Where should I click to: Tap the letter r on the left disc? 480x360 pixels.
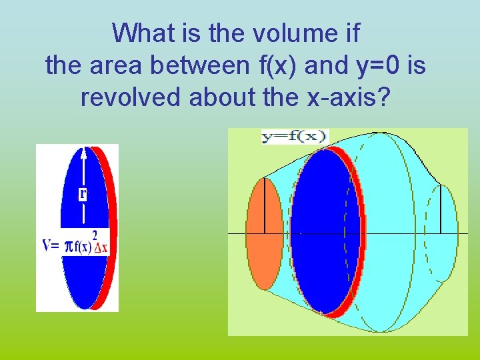[83, 193]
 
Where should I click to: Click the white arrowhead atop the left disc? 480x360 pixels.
[83, 153]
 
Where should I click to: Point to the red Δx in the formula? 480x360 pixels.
[101, 247]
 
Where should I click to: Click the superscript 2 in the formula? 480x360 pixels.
[95, 235]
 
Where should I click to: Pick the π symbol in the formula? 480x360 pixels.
[67, 247]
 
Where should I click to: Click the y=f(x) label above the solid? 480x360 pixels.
[295, 137]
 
